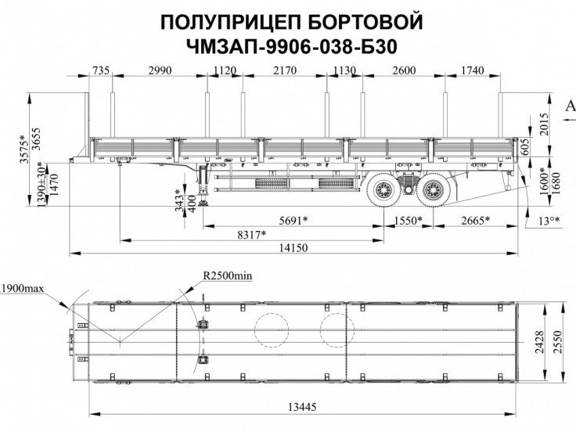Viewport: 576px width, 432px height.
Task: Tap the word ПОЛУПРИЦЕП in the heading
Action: [226, 20]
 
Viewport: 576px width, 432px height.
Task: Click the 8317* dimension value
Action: [250, 234]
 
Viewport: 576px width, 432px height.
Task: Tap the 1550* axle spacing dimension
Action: [408, 220]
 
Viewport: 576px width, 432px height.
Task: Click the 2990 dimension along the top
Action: [160, 70]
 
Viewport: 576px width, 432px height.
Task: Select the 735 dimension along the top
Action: [101, 70]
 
